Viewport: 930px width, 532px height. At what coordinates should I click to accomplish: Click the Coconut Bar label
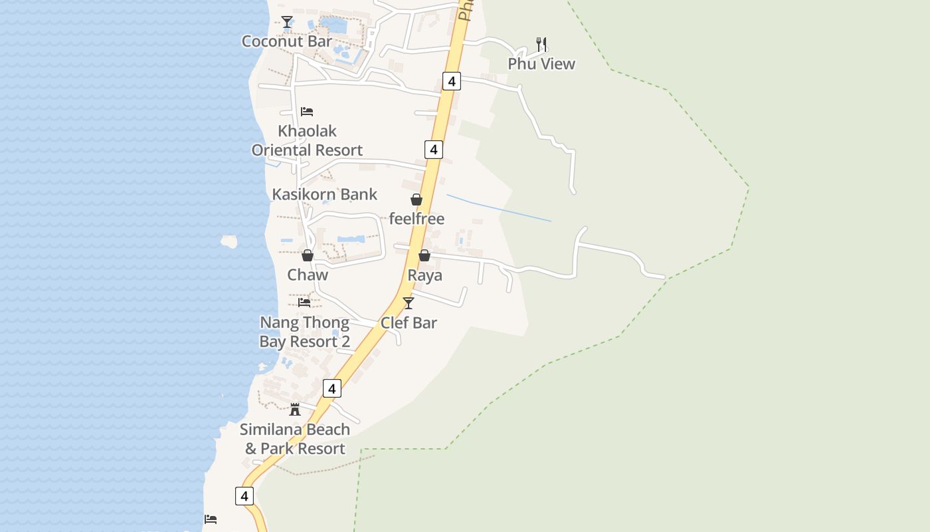pos(286,41)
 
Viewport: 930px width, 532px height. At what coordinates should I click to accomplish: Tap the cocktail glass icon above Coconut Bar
pos(286,22)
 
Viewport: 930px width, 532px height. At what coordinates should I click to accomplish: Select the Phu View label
pos(541,64)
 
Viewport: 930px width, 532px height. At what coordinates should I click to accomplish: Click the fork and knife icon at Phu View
pos(541,45)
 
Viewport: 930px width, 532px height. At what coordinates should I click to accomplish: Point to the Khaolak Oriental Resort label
pos(307,140)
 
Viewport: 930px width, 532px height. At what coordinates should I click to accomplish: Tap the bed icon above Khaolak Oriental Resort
pos(306,111)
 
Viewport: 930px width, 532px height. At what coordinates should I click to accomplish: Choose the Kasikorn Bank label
pos(324,194)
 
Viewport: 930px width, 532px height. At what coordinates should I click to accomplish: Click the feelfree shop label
pos(417,219)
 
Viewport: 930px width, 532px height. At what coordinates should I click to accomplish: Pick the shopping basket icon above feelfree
pos(417,199)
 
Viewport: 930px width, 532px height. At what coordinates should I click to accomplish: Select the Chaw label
pos(308,275)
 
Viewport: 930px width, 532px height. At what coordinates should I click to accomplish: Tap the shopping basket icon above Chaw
pos(308,255)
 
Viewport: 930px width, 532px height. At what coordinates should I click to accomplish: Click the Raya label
pos(424,275)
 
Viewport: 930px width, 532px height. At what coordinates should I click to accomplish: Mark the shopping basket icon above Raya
pos(424,255)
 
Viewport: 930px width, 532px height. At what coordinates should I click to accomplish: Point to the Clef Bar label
pos(409,323)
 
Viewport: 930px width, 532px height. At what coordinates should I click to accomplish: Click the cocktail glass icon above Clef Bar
pos(409,303)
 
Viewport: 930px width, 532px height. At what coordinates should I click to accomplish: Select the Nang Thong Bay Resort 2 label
pos(305,332)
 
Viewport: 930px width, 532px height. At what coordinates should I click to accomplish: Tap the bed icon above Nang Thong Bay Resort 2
pos(304,302)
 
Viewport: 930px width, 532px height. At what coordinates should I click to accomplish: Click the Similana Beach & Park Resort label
pos(295,439)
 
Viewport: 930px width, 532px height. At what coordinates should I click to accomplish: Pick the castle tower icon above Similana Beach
pos(295,409)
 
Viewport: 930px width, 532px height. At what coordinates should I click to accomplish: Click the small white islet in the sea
pos(229,241)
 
